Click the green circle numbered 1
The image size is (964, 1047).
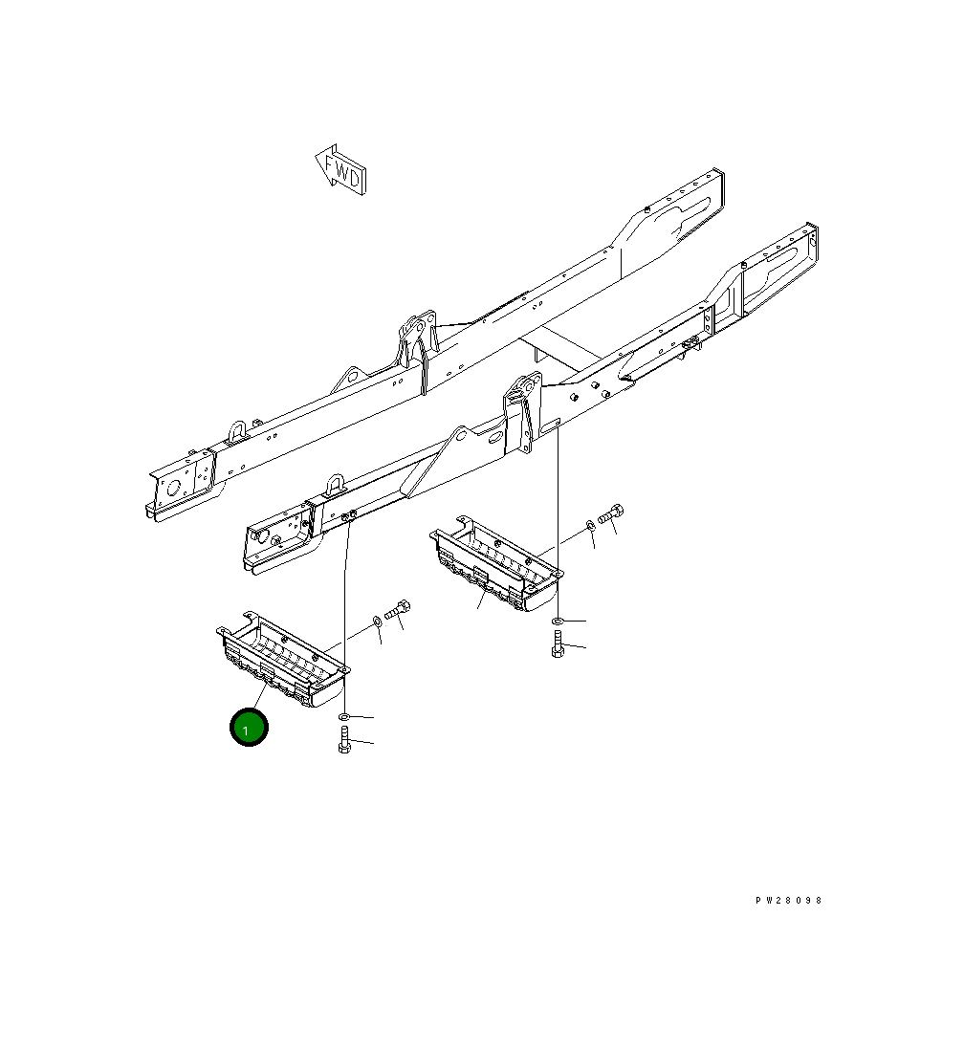[249, 727]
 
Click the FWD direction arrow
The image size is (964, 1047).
[341, 170]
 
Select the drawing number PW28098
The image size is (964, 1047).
[788, 900]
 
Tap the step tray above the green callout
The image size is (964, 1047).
[282, 659]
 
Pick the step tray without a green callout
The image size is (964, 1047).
[495, 563]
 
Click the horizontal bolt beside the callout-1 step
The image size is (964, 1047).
[397, 610]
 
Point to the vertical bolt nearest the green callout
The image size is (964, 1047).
[344, 740]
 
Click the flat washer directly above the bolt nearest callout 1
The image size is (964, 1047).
[344, 716]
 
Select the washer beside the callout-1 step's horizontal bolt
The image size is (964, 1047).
[377, 622]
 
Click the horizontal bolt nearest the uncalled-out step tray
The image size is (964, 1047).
[610, 514]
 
